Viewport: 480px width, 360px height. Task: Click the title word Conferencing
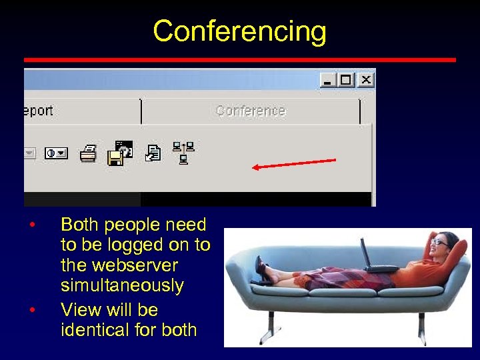(239, 31)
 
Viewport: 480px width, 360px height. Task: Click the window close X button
(365, 80)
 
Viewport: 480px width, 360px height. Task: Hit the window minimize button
(327, 80)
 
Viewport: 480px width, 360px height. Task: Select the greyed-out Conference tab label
(250, 111)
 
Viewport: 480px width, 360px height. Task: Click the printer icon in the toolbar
(88, 155)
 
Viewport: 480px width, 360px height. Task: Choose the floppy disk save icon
(117, 157)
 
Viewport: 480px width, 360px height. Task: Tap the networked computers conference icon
(183, 152)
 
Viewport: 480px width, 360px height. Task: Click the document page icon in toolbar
(153, 153)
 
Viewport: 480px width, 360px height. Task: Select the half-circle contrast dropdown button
(56, 153)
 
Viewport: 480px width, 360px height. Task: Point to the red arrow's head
(255, 167)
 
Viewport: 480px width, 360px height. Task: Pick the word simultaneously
(122, 285)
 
